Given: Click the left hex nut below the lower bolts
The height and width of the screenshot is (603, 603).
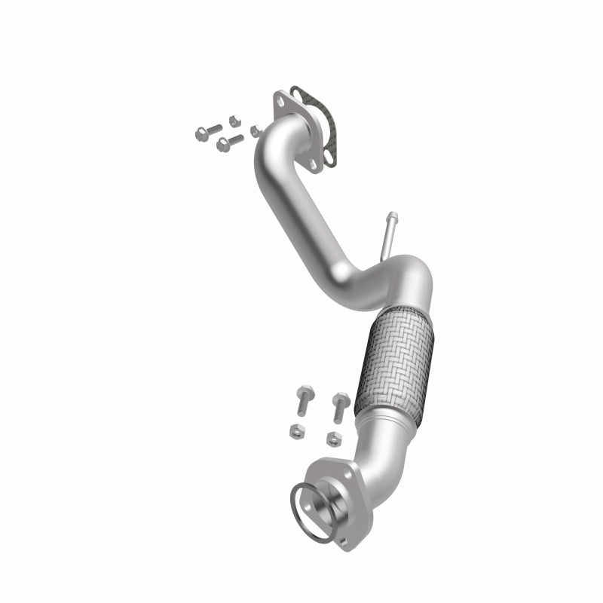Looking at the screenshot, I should click(295, 430).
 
